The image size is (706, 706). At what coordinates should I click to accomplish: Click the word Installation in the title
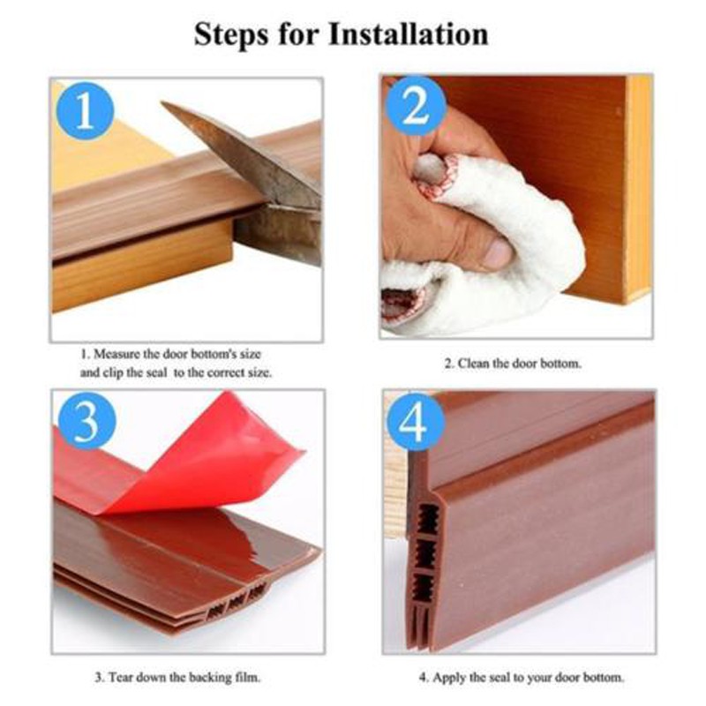click(x=409, y=34)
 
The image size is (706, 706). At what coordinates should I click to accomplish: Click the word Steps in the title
click(x=231, y=35)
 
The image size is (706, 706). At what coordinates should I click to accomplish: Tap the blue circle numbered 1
click(x=85, y=110)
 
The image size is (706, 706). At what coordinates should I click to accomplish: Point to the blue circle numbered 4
click(x=415, y=423)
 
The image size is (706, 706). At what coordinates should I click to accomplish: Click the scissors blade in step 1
click(x=244, y=153)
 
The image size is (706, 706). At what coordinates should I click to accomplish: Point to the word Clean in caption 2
click(x=473, y=364)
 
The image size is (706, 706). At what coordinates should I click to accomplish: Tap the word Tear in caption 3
click(x=121, y=677)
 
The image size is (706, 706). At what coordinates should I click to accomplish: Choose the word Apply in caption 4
click(x=449, y=678)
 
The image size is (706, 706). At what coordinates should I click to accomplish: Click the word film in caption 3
click(x=247, y=677)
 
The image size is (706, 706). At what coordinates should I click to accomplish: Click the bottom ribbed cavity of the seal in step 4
click(x=425, y=589)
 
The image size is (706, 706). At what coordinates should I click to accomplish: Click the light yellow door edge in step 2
click(x=639, y=189)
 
